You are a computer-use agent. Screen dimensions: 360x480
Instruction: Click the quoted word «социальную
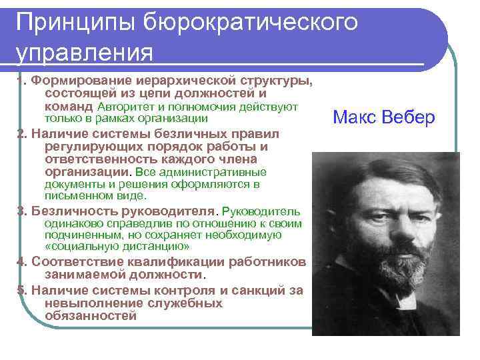click(x=77, y=246)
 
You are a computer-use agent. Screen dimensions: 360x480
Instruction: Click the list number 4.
click(x=21, y=261)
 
